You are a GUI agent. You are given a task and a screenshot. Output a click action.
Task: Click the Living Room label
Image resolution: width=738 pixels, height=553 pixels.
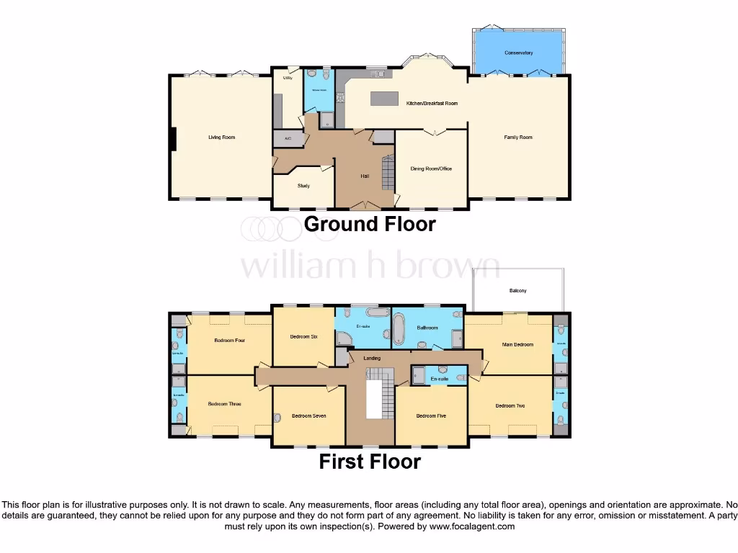(x=221, y=137)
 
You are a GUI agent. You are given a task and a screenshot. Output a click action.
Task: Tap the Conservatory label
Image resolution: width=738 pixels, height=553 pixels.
(x=518, y=53)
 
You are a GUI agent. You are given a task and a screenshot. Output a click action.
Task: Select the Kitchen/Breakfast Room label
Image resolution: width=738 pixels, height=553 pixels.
(x=432, y=104)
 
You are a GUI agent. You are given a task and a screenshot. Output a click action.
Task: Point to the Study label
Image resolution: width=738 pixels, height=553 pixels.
(x=303, y=186)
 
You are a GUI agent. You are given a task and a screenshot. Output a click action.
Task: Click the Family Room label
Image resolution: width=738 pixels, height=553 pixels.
(x=517, y=137)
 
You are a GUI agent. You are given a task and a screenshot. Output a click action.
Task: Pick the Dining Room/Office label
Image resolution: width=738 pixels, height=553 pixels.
(x=431, y=168)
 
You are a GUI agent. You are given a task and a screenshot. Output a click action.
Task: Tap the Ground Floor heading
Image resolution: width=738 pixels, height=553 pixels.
(x=370, y=224)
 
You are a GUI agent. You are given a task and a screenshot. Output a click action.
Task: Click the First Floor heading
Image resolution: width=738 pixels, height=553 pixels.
(x=370, y=462)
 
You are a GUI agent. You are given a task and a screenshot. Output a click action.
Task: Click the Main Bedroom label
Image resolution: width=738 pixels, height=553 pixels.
(x=517, y=345)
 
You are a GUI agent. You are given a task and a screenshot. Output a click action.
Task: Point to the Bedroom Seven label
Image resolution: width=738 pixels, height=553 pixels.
(x=308, y=415)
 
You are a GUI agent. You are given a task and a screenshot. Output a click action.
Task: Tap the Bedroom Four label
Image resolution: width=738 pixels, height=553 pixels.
(x=230, y=340)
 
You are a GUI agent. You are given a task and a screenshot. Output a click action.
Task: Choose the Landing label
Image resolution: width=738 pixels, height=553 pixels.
(x=372, y=358)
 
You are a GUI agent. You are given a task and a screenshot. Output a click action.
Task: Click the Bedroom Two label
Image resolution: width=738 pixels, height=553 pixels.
(x=510, y=406)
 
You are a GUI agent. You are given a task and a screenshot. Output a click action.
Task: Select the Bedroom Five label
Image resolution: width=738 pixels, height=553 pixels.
(x=431, y=415)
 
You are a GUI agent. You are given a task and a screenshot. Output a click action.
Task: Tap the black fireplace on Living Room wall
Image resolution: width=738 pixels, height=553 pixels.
(x=173, y=139)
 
